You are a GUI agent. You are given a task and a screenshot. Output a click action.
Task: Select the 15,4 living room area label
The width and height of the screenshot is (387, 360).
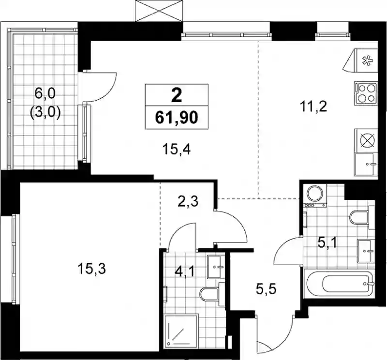(177, 150)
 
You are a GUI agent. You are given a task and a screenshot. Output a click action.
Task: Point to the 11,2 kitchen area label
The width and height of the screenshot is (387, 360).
(313, 107)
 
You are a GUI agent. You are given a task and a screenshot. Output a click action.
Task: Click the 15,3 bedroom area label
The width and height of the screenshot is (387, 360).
(91, 269)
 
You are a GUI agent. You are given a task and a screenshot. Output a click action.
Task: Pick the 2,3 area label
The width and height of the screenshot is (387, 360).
(188, 202)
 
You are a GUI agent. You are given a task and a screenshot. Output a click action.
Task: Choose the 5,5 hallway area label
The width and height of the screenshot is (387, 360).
(266, 289)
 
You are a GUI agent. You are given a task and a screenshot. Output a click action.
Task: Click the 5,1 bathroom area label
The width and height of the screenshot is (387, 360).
(327, 243)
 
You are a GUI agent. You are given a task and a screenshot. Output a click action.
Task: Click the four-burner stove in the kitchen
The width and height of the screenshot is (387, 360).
(366, 93)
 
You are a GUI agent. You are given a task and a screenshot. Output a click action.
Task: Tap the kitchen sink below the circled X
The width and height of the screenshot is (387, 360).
(366, 164)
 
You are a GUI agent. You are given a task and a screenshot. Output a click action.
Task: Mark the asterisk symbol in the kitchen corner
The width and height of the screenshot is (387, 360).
(367, 61)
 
